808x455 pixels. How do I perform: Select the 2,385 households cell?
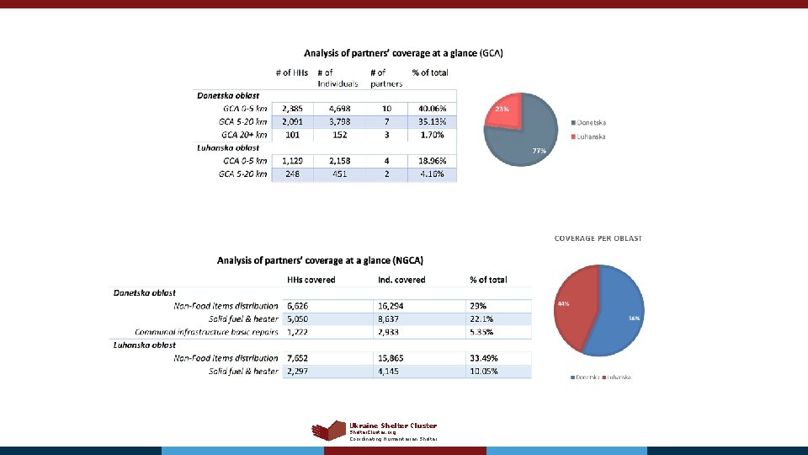(x=294, y=109)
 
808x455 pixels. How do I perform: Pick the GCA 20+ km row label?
(x=244, y=134)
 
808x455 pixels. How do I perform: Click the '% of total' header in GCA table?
(x=430, y=72)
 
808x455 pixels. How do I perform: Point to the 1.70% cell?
(x=427, y=134)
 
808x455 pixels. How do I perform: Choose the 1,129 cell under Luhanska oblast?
(x=294, y=161)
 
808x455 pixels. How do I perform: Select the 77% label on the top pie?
(x=540, y=151)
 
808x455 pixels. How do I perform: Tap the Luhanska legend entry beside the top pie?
(x=591, y=136)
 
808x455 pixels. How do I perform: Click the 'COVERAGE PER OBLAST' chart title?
(x=598, y=238)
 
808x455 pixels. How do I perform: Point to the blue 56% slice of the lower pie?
(x=614, y=316)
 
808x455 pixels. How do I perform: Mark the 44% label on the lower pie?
(x=563, y=303)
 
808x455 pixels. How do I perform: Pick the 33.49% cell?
(x=486, y=358)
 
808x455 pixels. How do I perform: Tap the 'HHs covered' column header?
(x=311, y=280)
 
